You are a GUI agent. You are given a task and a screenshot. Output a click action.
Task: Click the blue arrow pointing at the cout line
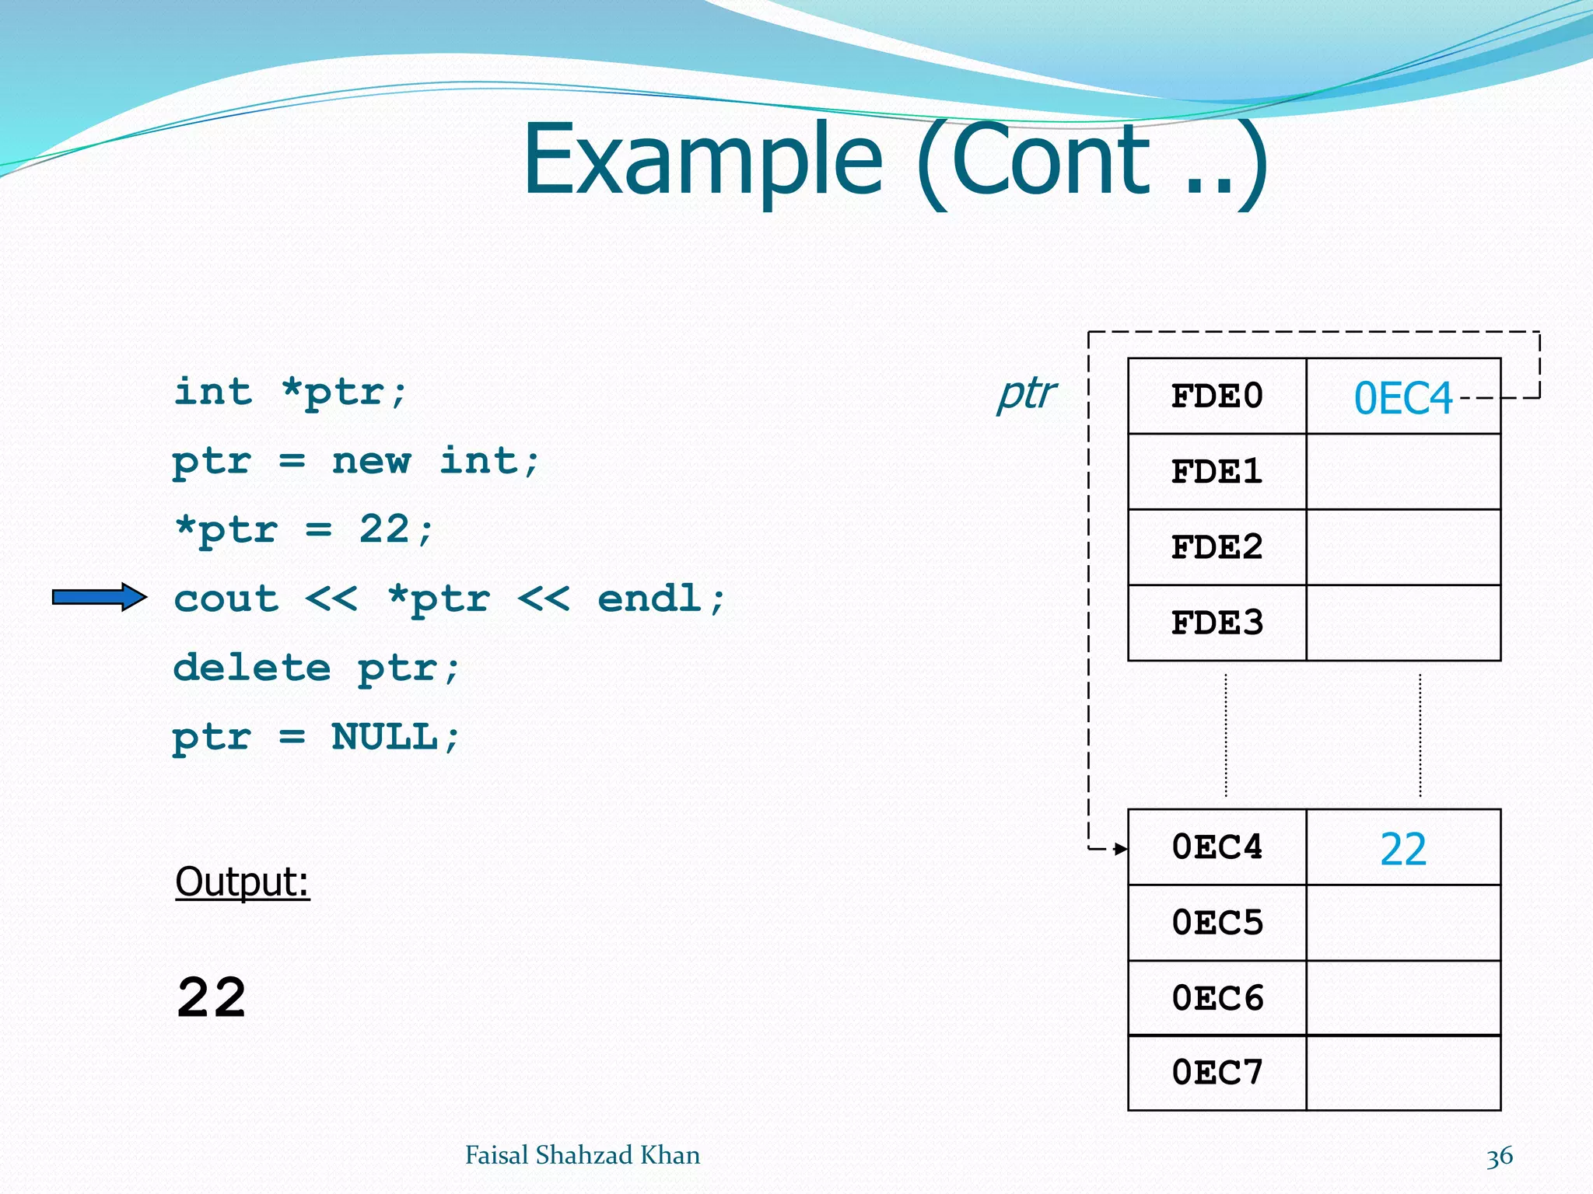tap(100, 597)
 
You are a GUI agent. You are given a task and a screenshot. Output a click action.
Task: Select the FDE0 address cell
tap(1217, 396)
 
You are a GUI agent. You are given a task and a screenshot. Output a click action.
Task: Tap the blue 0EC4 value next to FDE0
tap(1403, 399)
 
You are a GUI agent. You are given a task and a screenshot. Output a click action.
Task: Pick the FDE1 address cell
tap(1217, 472)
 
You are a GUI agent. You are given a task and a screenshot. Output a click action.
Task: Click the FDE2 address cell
tap(1217, 547)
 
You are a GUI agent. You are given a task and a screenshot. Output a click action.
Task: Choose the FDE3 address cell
tap(1217, 623)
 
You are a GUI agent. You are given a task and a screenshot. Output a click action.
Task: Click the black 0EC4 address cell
tap(1217, 847)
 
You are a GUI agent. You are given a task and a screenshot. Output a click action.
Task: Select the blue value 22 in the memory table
tap(1403, 849)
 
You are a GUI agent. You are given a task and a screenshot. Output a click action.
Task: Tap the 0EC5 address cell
tap(1217, 923)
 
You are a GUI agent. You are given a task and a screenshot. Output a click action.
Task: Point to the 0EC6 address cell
tap(1217, 998)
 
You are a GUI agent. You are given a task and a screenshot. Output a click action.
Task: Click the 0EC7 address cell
tap(1217, 1073)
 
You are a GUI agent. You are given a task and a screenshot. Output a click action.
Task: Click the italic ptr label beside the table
tap(1027, 394)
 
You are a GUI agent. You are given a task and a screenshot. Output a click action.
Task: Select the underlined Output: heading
tap(242, 882)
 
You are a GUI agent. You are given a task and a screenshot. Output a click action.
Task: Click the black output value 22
tap(212, 998)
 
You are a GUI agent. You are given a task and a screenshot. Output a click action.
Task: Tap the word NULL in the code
tap(385, 736)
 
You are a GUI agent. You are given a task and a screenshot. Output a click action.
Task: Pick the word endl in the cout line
tap(650, 599)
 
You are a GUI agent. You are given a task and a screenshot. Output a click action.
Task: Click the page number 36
tap(1499, 1156)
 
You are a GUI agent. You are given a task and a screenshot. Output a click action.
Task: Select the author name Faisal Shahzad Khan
tap(582, 1155)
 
